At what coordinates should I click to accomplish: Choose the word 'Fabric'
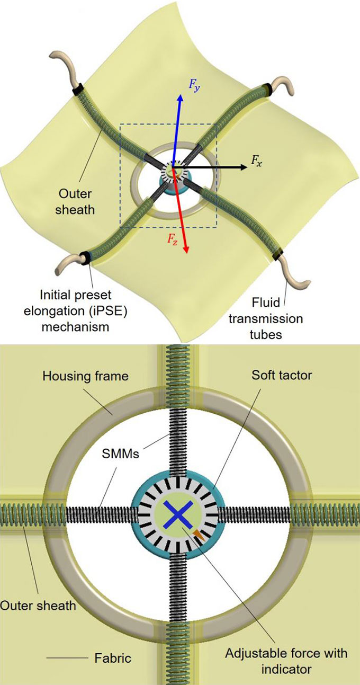point(112,659)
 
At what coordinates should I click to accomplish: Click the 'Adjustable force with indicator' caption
point(286,661)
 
